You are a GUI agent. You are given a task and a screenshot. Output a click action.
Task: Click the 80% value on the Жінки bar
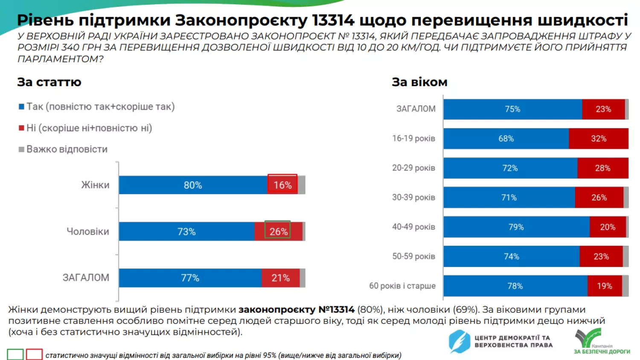pyautogui.click(x=193, y=185)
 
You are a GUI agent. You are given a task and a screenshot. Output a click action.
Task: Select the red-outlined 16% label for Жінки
pyautogui.click(x=282, y=185)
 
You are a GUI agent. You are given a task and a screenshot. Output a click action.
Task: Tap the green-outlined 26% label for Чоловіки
pyautogui.click(x=278, y=231)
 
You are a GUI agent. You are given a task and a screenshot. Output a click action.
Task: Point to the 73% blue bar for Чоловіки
pyautogui.click(x=186, y=232)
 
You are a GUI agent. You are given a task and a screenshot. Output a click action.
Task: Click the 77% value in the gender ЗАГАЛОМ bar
pyautogui.click(x=190, y=278)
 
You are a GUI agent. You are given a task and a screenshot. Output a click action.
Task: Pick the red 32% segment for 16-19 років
pyautogui.click(x=598, y=139)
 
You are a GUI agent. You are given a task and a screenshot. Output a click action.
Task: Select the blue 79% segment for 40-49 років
pyautogui.click(x=516, y=227)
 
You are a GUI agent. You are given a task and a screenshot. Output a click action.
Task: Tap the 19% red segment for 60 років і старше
pyautogui.click(x=604, y=286)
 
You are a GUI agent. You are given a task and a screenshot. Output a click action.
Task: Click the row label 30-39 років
pyautogui.click(x=413, y=197)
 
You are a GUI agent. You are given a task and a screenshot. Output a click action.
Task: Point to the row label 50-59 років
pyautogui.click(x=413, y=256)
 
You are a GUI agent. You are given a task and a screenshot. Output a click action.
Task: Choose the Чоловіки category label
pyautogui.click(x=88, y=232)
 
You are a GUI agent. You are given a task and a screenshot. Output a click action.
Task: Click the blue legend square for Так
pyautogui.click(x=21, y=107)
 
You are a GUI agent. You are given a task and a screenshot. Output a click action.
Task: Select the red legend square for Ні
pyautogui.click(x=21, y=128)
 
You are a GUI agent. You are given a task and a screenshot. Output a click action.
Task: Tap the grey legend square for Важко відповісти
pyautogui.click(x=21, y=149)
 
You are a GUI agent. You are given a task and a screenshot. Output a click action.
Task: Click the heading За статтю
pyautogui.click(x=49, y=82)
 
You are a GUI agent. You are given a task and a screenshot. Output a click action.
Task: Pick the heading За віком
pyautogui.click(x=419, y=82)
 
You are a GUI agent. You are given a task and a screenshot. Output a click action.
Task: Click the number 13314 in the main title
pyautogui.click(x=333, y=20)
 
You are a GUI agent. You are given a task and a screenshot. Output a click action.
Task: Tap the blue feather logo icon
pyautogui.click(x=459, y=342)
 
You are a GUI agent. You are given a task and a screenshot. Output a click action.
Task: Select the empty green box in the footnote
pyautogui.click(x=15, y=354)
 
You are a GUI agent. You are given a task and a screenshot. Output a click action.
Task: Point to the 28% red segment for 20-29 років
pyautogui.click(x=602, y=168)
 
